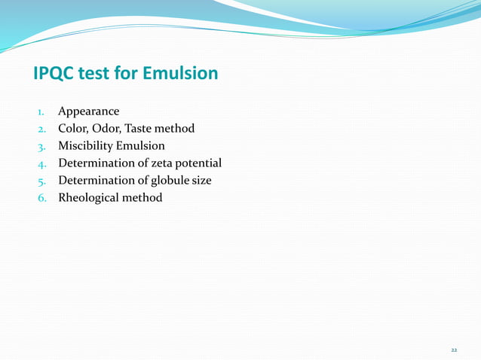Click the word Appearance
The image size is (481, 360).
pos(89,112)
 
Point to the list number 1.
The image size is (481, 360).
pos(41,113)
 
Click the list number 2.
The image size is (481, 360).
pos(41,130)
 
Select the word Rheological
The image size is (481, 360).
pos(89,198)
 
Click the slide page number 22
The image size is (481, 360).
pos(454,351)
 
